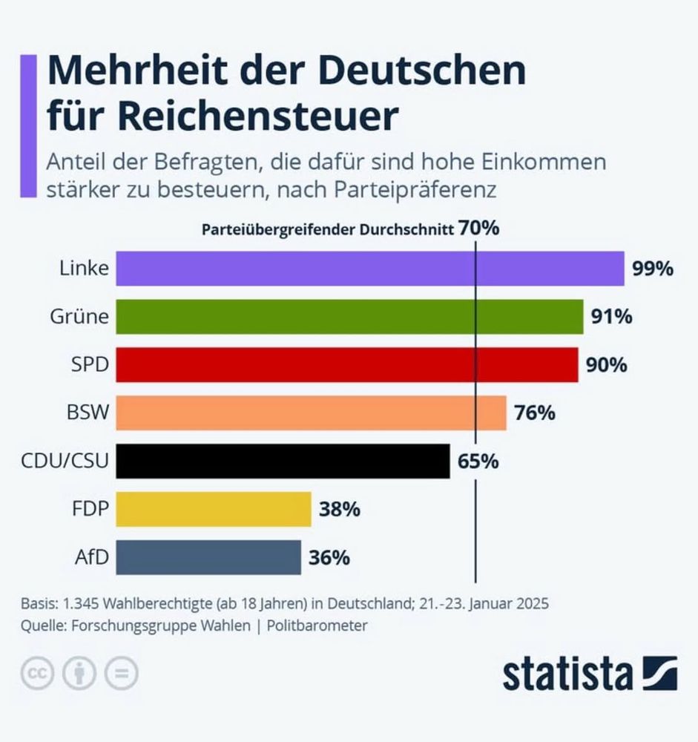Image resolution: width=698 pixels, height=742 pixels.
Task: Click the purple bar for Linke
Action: (x=371, y=269)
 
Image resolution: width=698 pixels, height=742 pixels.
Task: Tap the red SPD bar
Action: (x=347, y=365)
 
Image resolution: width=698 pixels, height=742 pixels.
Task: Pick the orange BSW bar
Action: (x=312, y=413)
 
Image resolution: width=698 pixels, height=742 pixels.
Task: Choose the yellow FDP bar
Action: (x=214, y=509)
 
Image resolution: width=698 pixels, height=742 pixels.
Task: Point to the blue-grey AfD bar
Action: (x=209, y=557)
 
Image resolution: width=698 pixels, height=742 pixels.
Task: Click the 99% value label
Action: (x=653, y=269)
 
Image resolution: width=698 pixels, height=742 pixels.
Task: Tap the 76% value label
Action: (x=535, y=413)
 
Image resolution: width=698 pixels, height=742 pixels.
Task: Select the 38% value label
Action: (x=340, y=509)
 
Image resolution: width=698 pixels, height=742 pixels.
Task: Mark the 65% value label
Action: (x=478, y=462)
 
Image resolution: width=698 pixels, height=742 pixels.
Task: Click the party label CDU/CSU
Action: (x=65, y=462)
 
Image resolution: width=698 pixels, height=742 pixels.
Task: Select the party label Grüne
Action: (x=79, y=317)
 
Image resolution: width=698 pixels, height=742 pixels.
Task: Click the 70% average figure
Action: (x=478, y=229)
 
